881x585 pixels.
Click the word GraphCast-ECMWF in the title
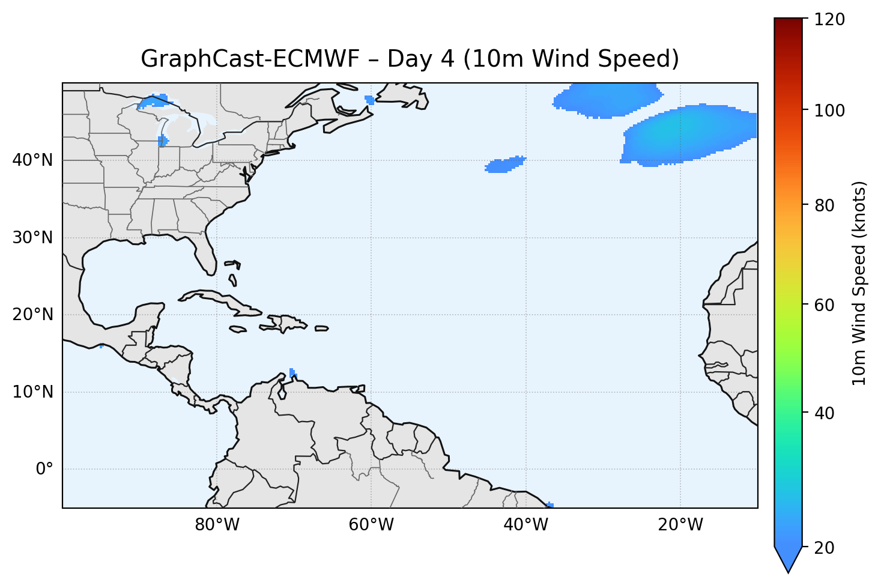coord(249,59)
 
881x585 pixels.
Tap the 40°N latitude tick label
coord(32,160)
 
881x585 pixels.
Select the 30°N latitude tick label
coord(32,238)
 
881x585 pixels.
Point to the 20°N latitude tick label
coord(32,315)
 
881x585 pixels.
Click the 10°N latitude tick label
coord(32,392)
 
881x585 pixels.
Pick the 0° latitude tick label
coord(44,469)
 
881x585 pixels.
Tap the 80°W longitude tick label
coord(217,525)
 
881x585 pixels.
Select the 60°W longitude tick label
coord(372,525)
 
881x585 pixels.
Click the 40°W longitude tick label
coord(526,525)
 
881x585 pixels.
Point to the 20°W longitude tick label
coord(680,525)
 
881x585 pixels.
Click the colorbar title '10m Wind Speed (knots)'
coord(859,283)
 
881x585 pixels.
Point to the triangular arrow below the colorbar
coord(789,559)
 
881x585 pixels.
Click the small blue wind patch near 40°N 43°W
coord(503,165)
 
